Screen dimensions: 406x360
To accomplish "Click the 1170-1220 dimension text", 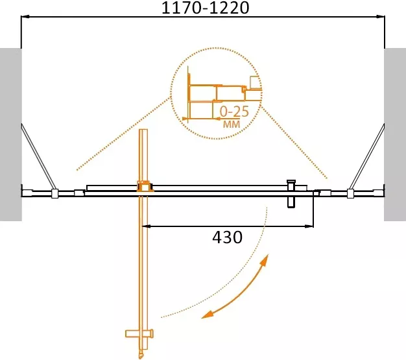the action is coord(205,8).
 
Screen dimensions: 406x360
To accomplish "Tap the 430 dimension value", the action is coord(228,237).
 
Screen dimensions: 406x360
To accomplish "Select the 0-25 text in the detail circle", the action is coord(234,112).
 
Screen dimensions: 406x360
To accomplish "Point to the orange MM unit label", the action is coord(232,125).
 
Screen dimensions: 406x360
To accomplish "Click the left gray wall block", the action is coord(10,134).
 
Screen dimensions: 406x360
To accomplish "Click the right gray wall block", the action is coord(395,134).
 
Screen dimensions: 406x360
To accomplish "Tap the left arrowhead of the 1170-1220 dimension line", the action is coord(25,17).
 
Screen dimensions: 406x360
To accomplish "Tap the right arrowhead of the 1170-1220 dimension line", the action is coord(381,17).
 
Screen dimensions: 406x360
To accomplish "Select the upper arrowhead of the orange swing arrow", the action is coord(265,259).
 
